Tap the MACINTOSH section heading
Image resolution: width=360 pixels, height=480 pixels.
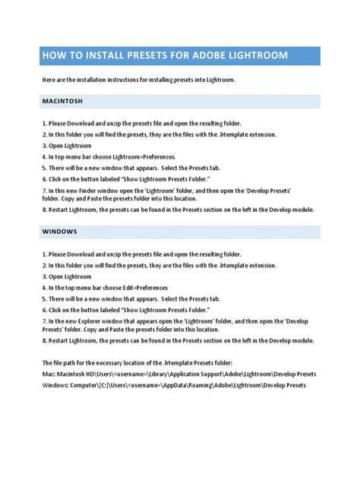click(x=62, y=100)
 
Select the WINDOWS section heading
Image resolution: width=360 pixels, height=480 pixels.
click(x=60, y=230)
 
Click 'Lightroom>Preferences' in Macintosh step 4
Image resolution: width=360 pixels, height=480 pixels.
click(x=142, y=157)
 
